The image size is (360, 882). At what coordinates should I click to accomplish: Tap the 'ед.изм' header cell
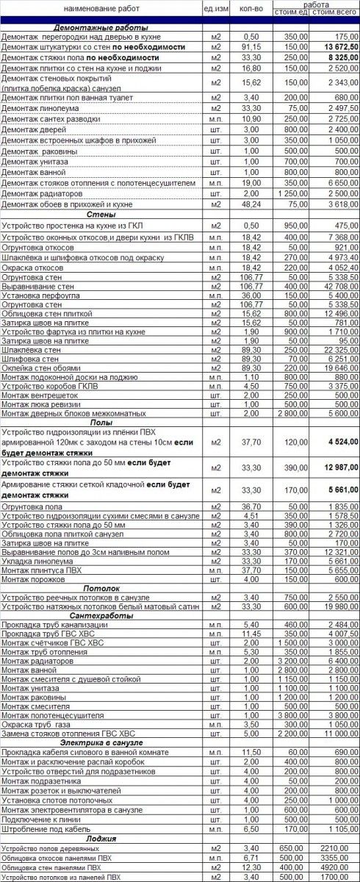pyautogui.click(x=215, y=8)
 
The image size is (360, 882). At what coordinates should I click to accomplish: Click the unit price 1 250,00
pyautogui.click(x=292, y=193)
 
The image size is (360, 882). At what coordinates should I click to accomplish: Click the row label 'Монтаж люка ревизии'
pyautogui.click(x=42, y=404)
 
